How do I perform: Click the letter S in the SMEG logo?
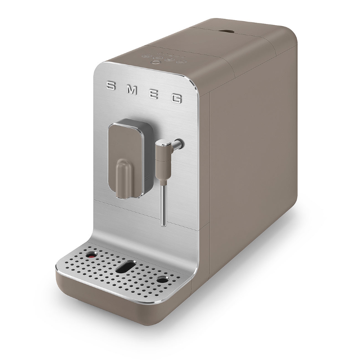(x=111, y=86)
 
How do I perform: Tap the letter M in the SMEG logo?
(x=131, y=90)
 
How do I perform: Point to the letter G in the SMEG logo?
(x=176, y=99)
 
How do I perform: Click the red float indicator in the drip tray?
(x=91, y=255)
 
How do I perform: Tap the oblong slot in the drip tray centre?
(x=126, y=267)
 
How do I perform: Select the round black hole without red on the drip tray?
(x=163, y=279)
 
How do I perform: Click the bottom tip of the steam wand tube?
(x=163, y=225)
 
